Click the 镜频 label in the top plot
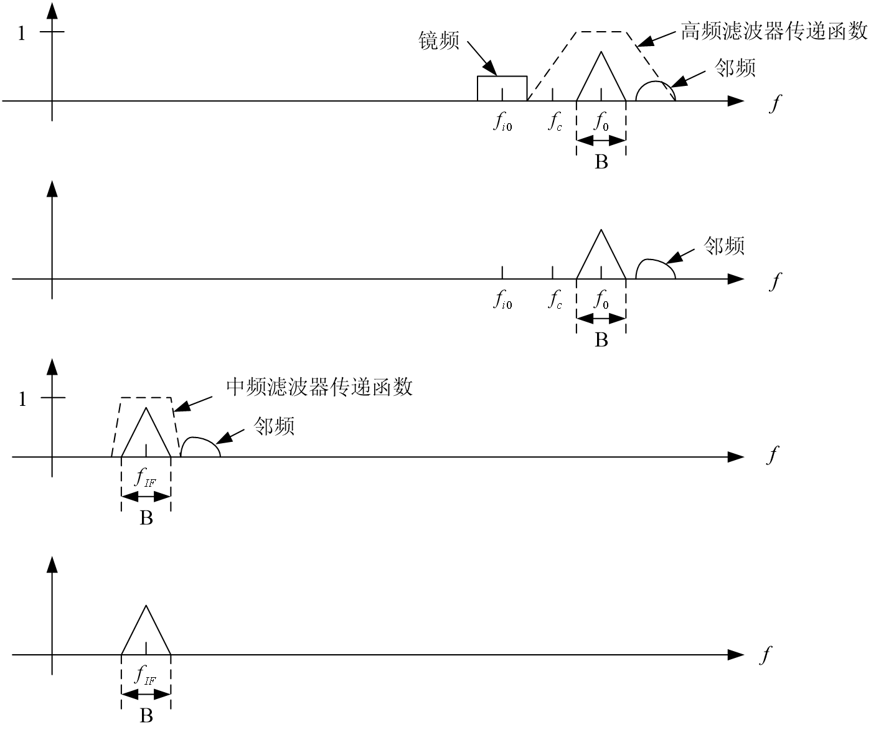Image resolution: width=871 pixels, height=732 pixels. (x=439, y=41)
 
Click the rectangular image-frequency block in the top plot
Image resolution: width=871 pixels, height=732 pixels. (x=502, y=88)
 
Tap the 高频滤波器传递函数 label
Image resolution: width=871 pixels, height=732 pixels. (x=773, y=31)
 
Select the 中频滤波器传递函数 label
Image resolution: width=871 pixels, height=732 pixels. (x=319, y=387)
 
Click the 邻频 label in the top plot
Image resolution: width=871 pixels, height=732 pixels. (x=735, y=68)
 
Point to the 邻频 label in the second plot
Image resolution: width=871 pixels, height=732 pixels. (x=724, y=246)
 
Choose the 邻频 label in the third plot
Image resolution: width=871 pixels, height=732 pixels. (x=274, y=426)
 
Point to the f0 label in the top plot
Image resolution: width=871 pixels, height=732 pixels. (x=601, y=123)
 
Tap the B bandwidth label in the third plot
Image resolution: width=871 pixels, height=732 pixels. (x=146, y=518)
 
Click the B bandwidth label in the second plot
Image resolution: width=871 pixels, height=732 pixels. (x=601, y=340)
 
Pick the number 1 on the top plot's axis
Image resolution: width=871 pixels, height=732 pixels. (x=22, y=34)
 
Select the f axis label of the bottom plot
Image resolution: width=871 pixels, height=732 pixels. (x=767, y=655)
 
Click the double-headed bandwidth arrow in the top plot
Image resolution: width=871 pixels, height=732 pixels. (x=601, y=141)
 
